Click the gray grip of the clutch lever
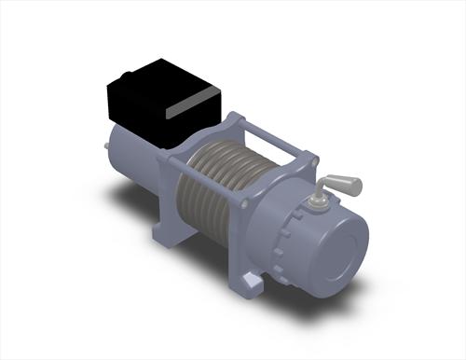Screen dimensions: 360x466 [346, 183]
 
